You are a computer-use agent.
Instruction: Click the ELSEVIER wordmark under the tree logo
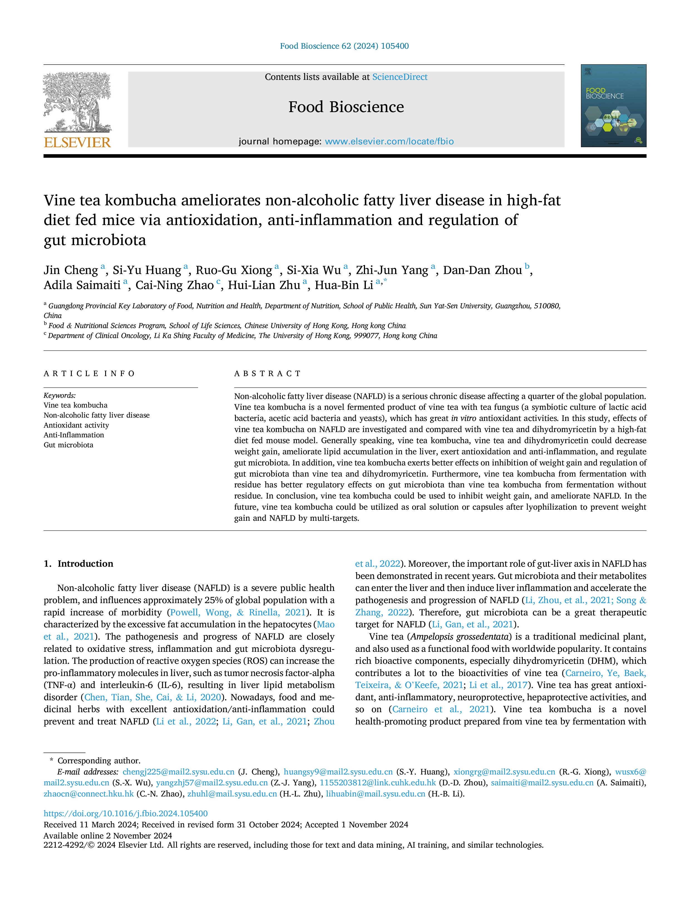click(77, 143)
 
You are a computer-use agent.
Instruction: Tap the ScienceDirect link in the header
click(400, 77)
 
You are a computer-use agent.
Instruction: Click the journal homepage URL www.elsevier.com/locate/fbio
click(389, 141)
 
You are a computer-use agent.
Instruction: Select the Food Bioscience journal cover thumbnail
click(613, 106)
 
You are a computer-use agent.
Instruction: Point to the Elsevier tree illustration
click(77, 103)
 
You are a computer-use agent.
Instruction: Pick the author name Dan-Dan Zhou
click(482, 270)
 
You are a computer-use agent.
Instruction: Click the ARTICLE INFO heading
click(89, 374)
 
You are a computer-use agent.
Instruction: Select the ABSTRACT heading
click(267, 374)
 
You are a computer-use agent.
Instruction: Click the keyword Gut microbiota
click(69, 445)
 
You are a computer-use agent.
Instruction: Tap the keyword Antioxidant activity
click(77, 425)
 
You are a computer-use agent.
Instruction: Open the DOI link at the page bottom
click(125, 813)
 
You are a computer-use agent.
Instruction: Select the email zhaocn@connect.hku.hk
click(88, 794)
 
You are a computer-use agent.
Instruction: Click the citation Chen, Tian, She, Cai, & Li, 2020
click(153, 697)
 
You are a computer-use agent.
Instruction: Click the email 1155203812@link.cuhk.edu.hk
click(378, 783)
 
